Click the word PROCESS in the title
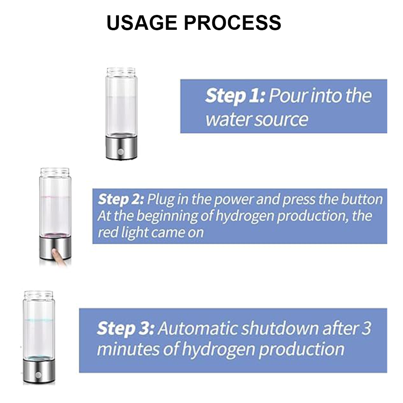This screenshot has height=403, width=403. click(232, 23)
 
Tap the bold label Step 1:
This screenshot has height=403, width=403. click(235, 96)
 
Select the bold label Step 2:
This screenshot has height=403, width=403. click(120, 199)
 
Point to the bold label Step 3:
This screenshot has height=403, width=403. click(125, 329)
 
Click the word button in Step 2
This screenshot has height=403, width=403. click(361, 199)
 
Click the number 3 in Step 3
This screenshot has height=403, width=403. click(366, 329)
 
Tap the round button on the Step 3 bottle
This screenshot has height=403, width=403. click(38, 375)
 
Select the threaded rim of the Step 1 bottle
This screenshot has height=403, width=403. click(121, 71)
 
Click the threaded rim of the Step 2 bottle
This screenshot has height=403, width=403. click(55, 172)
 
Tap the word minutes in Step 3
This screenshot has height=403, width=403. click(128, 349)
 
